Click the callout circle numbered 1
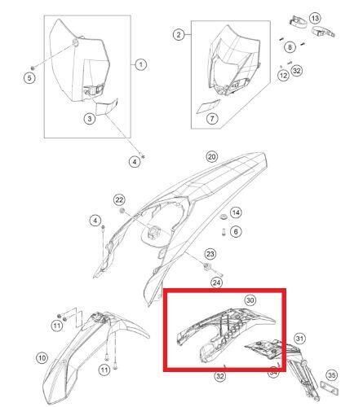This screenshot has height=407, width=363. (x=141, y=64)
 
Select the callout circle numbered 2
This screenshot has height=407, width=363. (x=179, y=35)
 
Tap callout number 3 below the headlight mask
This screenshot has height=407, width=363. (x=90, y=119)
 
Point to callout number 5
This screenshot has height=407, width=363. (x=29, y=78)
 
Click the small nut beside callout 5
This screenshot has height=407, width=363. (x=33, y=68)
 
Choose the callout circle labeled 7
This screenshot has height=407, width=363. (x=212, y=118)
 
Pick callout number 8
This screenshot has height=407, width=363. (x=290, y=47)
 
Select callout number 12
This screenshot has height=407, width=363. (x=283, y=75)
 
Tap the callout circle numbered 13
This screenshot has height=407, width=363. (x=315, y=18)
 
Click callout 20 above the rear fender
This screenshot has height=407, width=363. (x=212, y=156)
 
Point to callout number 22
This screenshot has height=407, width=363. (x=119, y=200)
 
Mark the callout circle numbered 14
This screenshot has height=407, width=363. (x=236, y=212)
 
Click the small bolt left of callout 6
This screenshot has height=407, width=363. (x=224, y=232)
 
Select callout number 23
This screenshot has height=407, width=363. (x=210, y=254)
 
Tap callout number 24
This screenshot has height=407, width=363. (x=216, y=282)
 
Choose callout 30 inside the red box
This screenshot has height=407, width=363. (x=250, y=300)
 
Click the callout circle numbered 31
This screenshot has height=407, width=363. (x=299, y=339)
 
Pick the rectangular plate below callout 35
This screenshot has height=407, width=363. (x=329, y=388)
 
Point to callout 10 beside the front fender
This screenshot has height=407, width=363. (x=42, y=358)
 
